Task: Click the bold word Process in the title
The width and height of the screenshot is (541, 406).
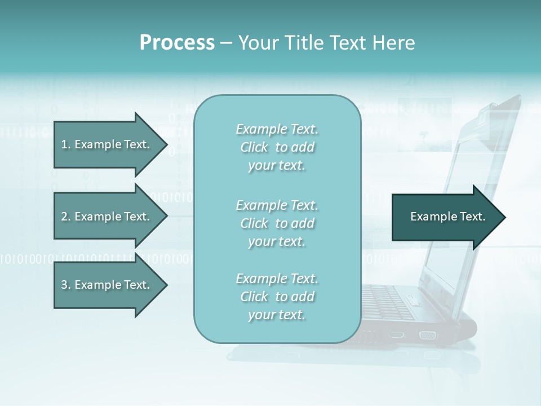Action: coord(177,43)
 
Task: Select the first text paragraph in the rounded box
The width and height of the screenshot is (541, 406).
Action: coord(277,147)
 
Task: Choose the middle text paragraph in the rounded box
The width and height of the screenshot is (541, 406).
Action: coord(277,223)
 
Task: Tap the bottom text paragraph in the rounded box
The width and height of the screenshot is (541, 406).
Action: coord(277,297)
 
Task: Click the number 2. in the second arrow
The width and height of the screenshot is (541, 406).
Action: coord(66,217)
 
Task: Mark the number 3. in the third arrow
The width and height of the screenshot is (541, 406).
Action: coord(66,285)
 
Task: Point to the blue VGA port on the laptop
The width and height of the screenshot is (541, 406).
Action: coord(427,335)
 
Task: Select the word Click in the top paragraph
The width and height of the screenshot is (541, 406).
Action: coord(254,147)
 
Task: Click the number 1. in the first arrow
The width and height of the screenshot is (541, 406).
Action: coord(66,144)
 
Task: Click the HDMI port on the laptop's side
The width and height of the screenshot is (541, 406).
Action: coord(397,334)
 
